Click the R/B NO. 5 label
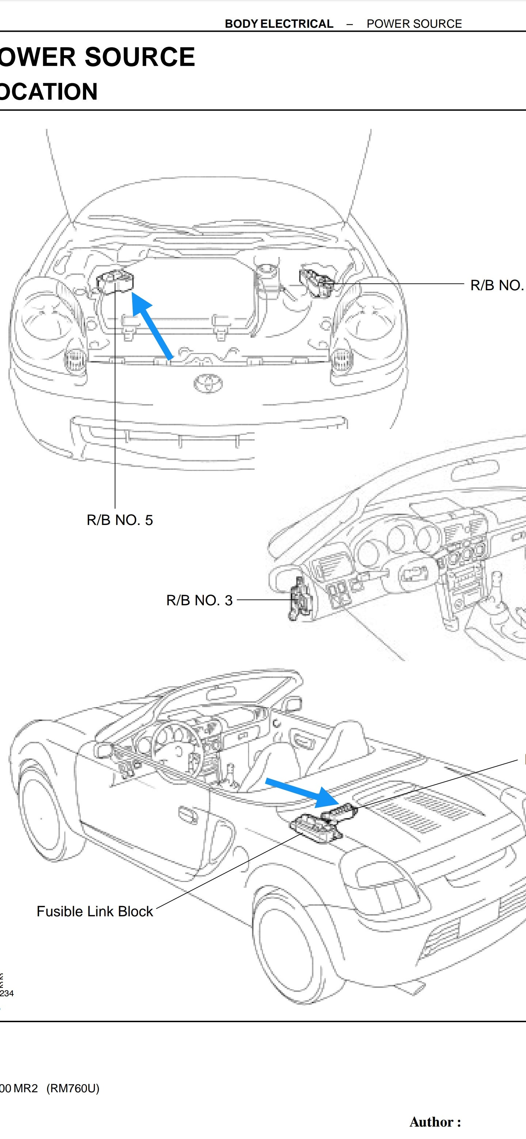tap(119, 520)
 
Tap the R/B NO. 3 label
tap(199, 600)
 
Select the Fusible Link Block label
tap(94, 911)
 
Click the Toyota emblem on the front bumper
tap(208, 383)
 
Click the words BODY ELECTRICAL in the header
tap(279, 24)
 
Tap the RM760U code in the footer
tap(73, 1088)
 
